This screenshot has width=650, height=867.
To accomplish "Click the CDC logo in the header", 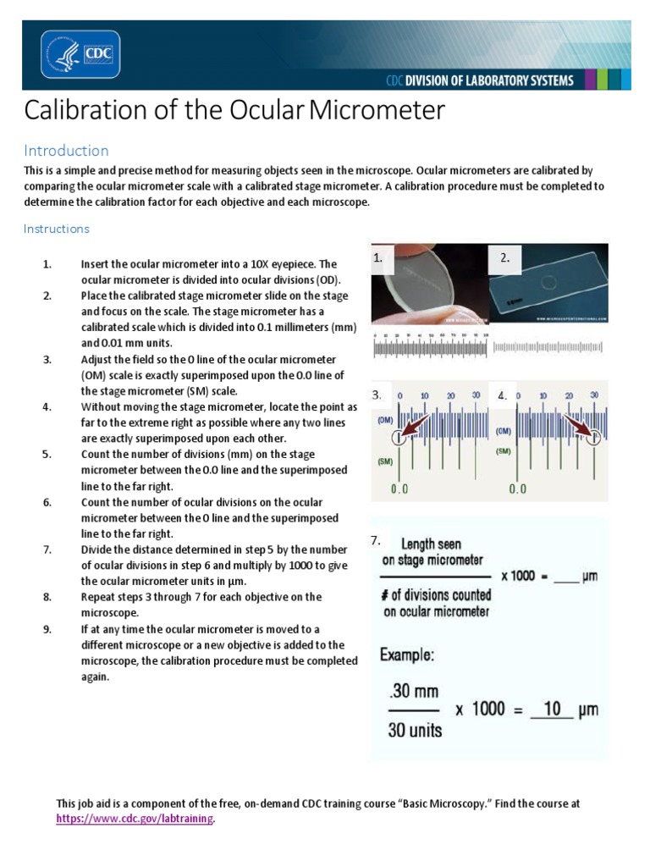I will tap(80, 54).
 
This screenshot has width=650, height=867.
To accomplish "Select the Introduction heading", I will tap(66, 151).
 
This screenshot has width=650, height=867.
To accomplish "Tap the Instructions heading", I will tap(56, 229).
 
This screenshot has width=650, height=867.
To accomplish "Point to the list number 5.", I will tap(47, 455).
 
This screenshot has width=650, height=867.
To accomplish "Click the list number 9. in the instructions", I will tap(47, 629).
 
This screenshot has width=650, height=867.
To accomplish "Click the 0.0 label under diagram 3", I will tap(399, 489).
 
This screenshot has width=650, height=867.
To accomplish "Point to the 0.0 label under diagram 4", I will tap(517, 489).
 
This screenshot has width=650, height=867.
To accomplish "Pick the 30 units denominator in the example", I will tap(415, 729).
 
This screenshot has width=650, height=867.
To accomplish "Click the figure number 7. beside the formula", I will tap(376, 540).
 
